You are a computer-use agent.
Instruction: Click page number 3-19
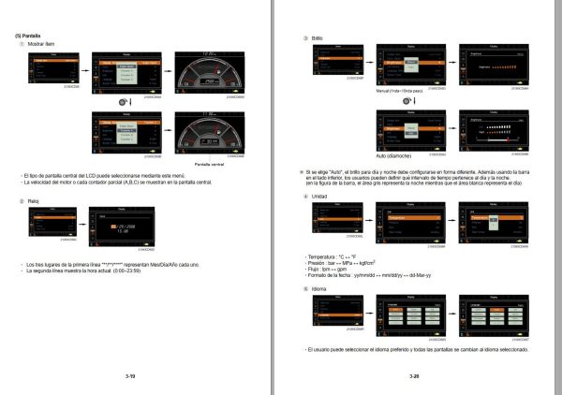coord(130,376)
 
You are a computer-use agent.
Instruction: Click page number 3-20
coord(414,376)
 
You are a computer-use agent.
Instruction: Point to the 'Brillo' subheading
coord(318,37)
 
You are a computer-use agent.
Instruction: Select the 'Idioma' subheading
coord(318,288)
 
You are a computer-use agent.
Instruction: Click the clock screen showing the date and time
coord(121,227)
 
